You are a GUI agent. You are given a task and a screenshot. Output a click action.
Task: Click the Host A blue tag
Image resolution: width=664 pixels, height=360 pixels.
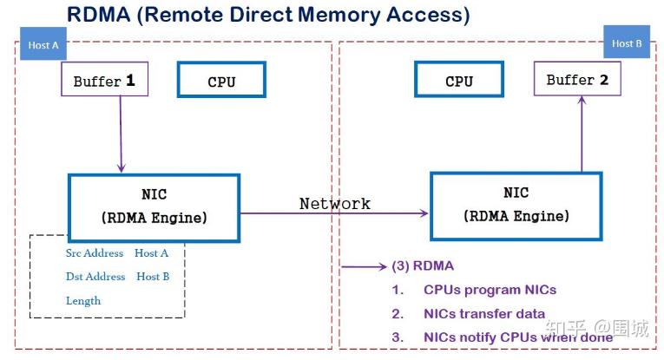point(43,43)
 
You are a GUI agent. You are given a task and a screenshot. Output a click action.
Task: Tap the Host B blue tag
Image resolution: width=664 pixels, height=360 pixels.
point(627,42)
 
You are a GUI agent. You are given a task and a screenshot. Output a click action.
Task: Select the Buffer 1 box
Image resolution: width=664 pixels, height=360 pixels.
point(105,79)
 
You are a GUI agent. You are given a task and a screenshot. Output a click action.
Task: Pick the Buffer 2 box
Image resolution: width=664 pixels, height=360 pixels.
point(577,79)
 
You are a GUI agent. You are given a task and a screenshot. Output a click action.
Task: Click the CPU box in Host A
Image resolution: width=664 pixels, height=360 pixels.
point(221,80)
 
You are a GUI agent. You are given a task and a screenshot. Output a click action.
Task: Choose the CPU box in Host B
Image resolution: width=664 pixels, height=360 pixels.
point(459,79)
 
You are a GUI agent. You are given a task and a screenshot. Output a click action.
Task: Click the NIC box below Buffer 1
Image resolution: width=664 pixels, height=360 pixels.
point(154,207)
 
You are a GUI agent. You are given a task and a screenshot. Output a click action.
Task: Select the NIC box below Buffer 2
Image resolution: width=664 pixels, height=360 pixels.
point(516,206)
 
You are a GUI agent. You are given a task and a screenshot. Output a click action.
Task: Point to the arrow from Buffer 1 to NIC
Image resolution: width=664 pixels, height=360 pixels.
point(121,134)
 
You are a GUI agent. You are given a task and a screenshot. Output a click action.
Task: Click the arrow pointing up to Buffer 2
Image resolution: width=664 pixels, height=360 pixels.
point(582,134)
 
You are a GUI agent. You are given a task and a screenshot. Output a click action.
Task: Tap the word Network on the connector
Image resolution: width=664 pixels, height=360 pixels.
point(334,204)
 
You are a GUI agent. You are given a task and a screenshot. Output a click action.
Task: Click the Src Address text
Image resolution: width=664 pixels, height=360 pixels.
point(95,253)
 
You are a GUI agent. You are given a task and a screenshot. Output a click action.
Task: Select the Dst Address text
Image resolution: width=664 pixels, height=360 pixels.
point(95,276)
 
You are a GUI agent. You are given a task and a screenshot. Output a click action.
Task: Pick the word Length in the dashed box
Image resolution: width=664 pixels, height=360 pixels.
point(83,301)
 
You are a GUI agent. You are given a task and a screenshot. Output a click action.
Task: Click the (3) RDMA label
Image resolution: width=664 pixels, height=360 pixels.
point(423,265)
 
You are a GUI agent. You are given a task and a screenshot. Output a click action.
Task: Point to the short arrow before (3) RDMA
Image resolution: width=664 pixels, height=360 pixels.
point(365,266)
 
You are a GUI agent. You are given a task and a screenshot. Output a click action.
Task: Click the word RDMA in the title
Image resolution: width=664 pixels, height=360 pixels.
point(99,15)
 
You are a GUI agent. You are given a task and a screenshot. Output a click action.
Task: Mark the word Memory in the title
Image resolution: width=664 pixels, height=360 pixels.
point(339,16)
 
